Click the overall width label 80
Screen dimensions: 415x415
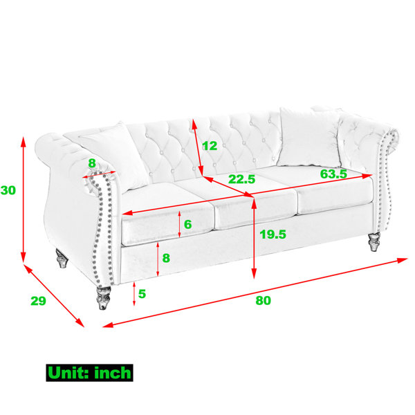[263, 301]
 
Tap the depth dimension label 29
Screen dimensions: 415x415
[38, 301]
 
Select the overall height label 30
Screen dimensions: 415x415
[8, 190]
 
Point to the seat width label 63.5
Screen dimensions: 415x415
[333, 174]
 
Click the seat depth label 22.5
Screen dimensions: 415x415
[241, 179]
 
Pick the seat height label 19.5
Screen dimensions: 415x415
[273, 234]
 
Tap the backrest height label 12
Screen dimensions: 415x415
[210, 146]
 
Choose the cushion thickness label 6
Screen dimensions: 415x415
[187, 224]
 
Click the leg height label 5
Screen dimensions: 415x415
[142, 294]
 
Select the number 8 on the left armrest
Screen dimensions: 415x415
[92, 163]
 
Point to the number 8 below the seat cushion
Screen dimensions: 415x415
[166, 258]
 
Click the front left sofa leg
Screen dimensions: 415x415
[104, 297]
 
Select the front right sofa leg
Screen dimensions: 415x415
[374, 241]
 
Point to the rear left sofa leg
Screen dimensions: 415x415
[62, 258]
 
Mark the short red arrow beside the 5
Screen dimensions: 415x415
[134, 294]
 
